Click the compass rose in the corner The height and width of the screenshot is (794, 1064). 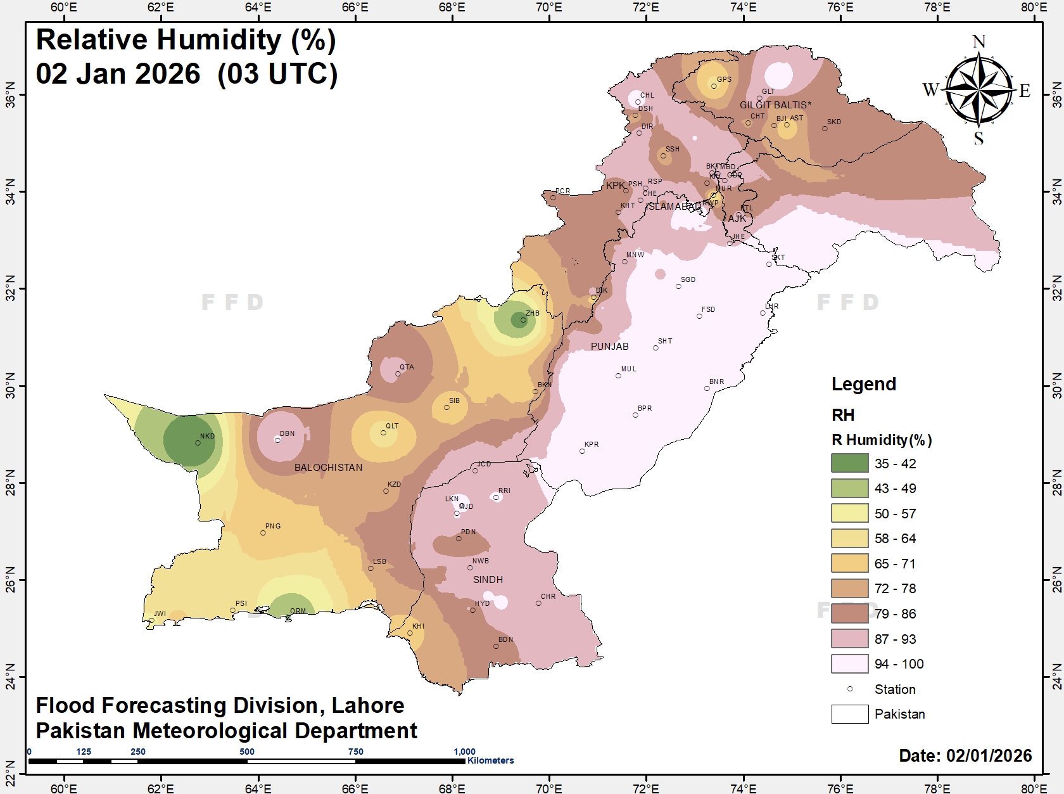pyautogui.click(x=979, y=89)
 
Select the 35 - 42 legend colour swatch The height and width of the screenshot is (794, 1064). pyautogui.click(x=849, y=463)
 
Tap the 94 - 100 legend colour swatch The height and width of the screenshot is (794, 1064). pyautogui.click(x=849, y=663)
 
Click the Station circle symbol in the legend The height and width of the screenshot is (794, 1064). pyautogui.click(x=850, y=689)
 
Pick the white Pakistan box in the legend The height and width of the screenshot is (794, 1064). pyautogui.click(x=849, y=714)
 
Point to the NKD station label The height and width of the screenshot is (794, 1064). pyautogui.click(x=207, y=436)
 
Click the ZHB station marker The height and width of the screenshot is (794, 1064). pyautogui.click(x=523, y=320)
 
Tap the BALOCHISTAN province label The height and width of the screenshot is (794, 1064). pyautogui.click(x=328, y=468)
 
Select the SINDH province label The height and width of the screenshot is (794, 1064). pyautogui.click(x=488, y=580)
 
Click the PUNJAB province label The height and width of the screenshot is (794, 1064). pyautogui.click(x=609, y=347)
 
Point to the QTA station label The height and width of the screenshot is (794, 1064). pyautogui.click(x=407, y=367)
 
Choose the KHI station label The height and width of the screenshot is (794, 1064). pyautogui.click(x=418, y=626)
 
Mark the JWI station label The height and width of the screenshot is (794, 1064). pyautogui.click(x=160, y=613)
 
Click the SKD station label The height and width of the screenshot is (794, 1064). pyautogui.click(x=834, y=122)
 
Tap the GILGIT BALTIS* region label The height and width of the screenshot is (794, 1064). pyautogui.click(x=775, y=105)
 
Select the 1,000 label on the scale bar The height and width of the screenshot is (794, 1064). pyautogui.click(x=464, y=752)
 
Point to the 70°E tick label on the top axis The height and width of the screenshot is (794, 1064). pyautogui.click(x=548, y=8)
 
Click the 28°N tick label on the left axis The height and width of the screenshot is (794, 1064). pyautogui.click(x=10, y=483)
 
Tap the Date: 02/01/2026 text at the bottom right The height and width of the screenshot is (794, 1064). pyautogui.click(x=965, y=755)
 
